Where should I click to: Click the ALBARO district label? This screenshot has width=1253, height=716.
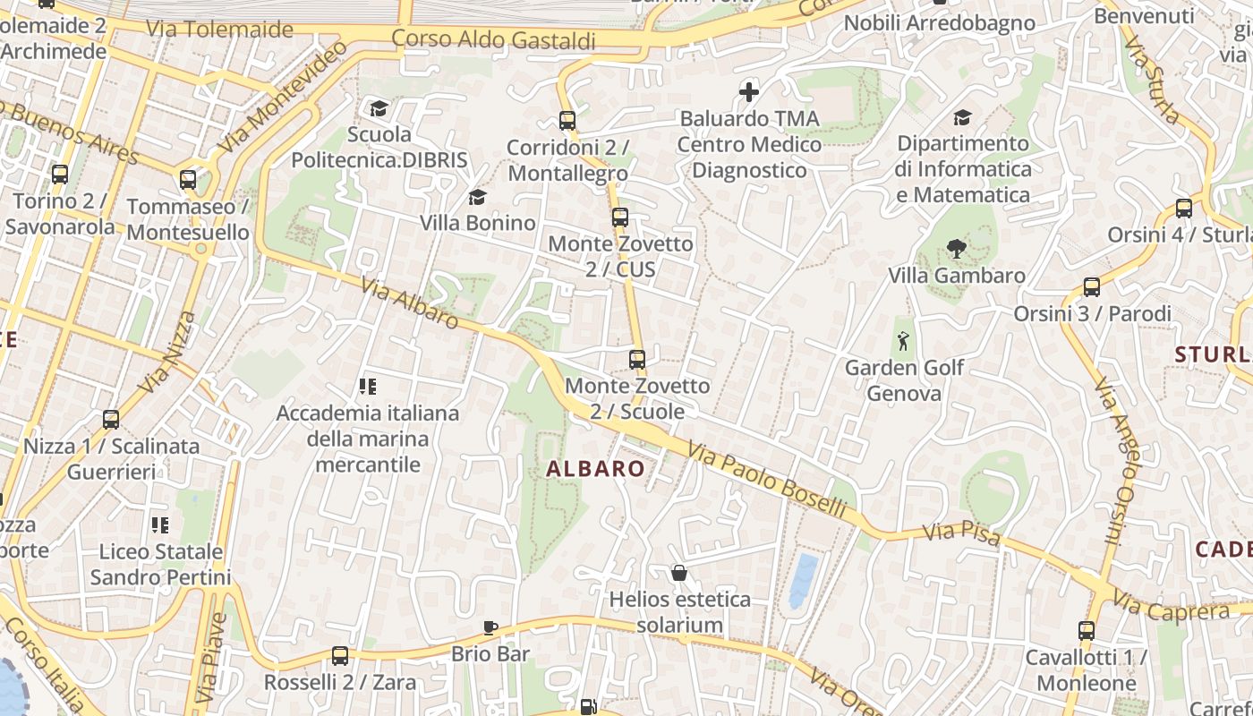click(595, 468)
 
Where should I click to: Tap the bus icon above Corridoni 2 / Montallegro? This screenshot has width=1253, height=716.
click(567, 120)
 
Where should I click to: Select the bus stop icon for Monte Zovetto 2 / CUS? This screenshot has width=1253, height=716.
click(619, 217)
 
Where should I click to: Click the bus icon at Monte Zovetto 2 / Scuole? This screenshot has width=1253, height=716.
click(636, 360)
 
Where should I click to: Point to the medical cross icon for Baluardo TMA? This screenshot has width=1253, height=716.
click(748, 91)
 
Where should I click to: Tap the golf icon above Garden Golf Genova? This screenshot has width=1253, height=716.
click(904, 341)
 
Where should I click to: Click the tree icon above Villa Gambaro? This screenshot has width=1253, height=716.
click(956, 249)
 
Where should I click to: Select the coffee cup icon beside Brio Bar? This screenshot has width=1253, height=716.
click(490, 627)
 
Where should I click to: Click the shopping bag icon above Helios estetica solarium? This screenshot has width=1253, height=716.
click(679, 573)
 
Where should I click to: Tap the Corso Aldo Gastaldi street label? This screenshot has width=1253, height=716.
click(493, 40)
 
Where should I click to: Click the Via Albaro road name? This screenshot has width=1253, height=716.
click(410, 303)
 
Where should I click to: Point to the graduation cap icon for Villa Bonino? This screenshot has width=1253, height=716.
click(477, 197)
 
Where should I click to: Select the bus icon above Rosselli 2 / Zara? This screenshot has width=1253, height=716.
click(339, 655)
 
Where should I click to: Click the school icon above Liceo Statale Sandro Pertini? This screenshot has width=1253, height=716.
click(160, 524)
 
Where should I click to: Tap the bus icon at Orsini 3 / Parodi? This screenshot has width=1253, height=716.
click(1091, 287)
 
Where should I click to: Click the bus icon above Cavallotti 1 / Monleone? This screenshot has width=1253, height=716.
click(1086, 630)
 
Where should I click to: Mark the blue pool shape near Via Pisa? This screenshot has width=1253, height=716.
click(802, 580)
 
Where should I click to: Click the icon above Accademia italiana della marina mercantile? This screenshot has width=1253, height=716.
click(367, 387)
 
